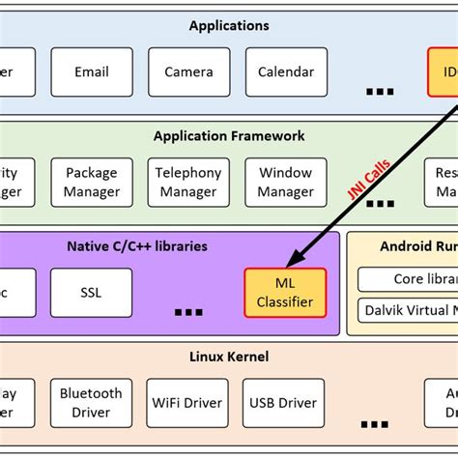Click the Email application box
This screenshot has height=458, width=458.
[92, 72]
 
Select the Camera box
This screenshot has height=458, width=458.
[188, 72]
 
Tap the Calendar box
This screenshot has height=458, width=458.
[286, 72]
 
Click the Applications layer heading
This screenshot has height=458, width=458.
[229, 25]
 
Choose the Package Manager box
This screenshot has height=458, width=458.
[92, 183]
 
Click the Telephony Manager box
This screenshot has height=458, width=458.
[188, 183]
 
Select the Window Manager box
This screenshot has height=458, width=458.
[286, 183]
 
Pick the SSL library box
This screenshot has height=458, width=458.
[92, 293]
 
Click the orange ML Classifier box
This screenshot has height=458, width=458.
[285, 293]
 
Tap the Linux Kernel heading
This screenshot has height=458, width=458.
[229, 357]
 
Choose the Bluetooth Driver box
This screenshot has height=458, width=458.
[92, 403]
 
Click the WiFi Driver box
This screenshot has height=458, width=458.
[188, 403]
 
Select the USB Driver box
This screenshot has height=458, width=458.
[284, 403]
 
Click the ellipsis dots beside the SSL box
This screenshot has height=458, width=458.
[188, 311]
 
